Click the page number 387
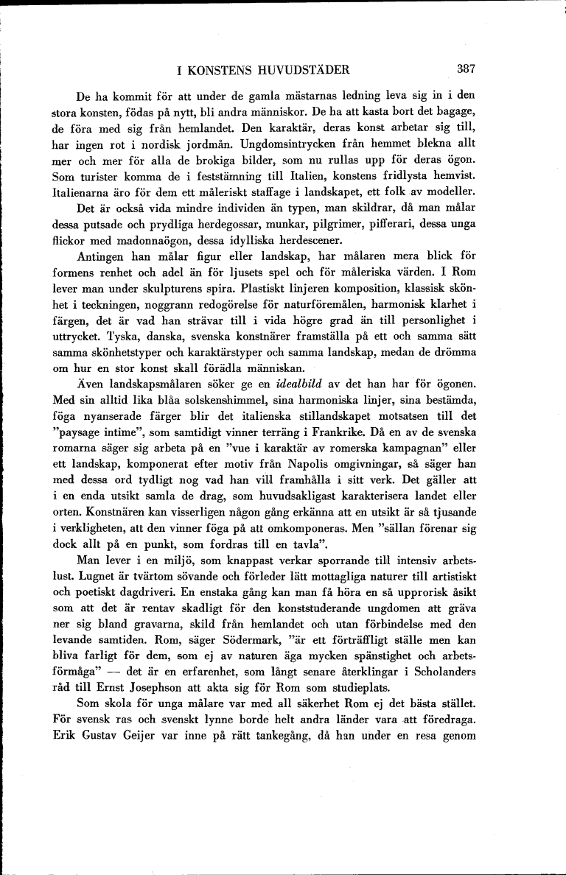point(466,70)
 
